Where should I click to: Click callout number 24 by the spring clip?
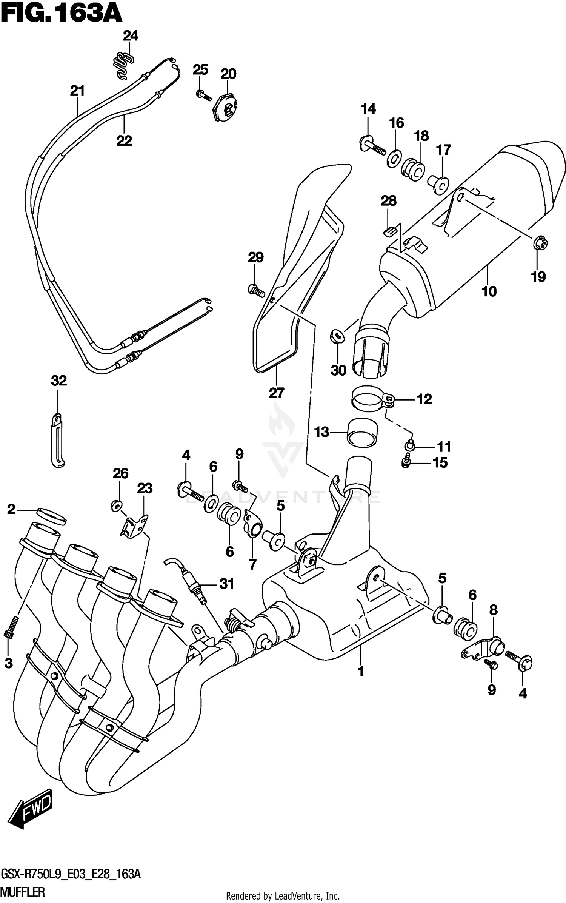(x=131, y=36)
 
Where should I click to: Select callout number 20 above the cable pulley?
(x=228, y=74)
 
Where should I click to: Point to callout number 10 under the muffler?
(x=489, y=291)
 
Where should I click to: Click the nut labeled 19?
(x=540, y=244)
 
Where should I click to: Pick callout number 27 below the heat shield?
(x=276, y=393)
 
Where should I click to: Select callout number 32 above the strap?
(x=59, y=381)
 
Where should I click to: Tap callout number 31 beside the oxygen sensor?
(x=227, y=584)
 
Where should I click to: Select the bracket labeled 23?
(x=134, y=526)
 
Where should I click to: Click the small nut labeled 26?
(x=116, y=505)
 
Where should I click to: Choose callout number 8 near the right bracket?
(x=493, y=610)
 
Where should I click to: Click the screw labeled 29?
(x=256, y=291)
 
